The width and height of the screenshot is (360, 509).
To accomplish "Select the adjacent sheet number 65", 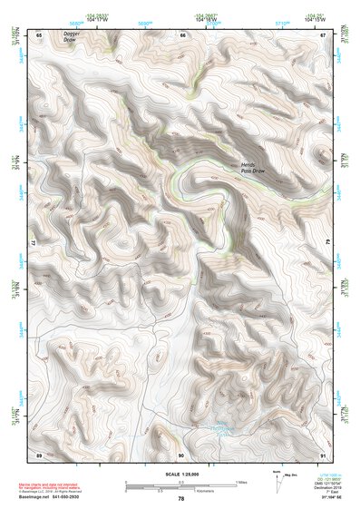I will [x=39, y=34].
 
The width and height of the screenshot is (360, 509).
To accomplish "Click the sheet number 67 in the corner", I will [x=323, y=34].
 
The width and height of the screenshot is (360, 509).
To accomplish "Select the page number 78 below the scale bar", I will [x=181, y=498].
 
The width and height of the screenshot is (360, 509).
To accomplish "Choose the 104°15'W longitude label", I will [x=315, y=18].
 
